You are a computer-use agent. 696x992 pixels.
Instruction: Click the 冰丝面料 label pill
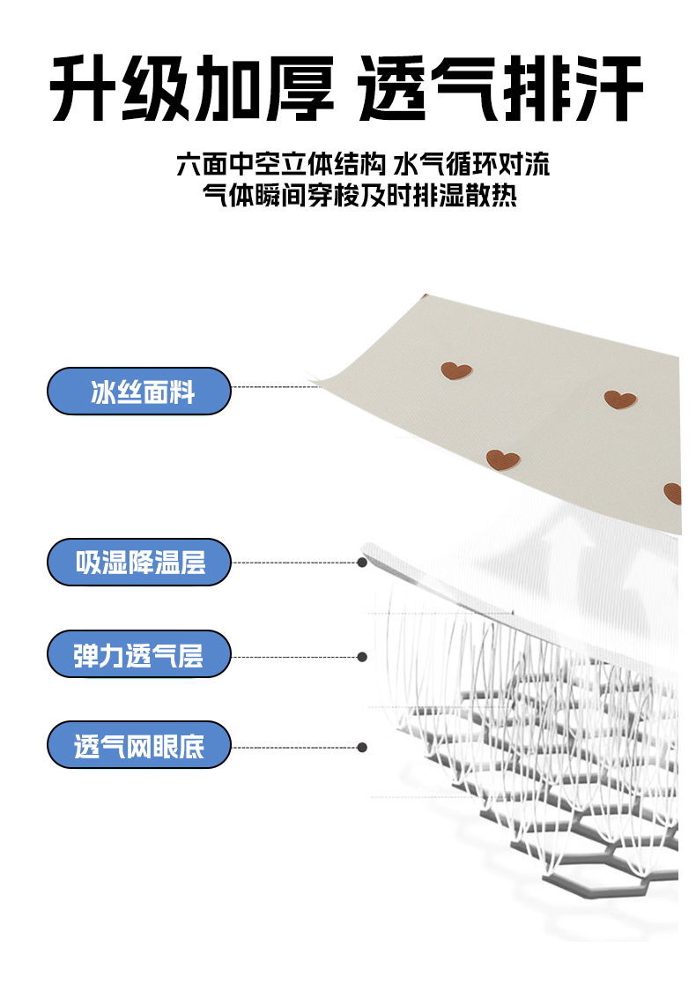coord(138,392)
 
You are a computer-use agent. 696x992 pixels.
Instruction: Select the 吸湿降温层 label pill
coord(138,562)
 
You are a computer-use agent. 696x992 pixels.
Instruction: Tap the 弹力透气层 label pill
coord(138,655)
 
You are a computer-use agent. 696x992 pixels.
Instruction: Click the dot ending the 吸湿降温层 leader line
coord(361,562)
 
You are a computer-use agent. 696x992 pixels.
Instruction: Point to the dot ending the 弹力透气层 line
coord(361,656)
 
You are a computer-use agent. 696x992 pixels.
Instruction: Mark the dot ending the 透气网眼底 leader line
coord(361,748)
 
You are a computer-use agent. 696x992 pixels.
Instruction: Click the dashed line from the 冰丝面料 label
coord(273,386)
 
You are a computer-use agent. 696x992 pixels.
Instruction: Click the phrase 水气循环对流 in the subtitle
coord(472,165)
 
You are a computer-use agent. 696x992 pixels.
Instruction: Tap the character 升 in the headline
coord(85,89)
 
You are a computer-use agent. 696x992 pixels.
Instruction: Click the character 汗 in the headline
coord(608,89)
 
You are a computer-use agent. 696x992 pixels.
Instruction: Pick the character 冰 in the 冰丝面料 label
coord(103,392)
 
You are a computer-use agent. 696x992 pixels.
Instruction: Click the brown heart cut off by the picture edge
coord(672,493)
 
